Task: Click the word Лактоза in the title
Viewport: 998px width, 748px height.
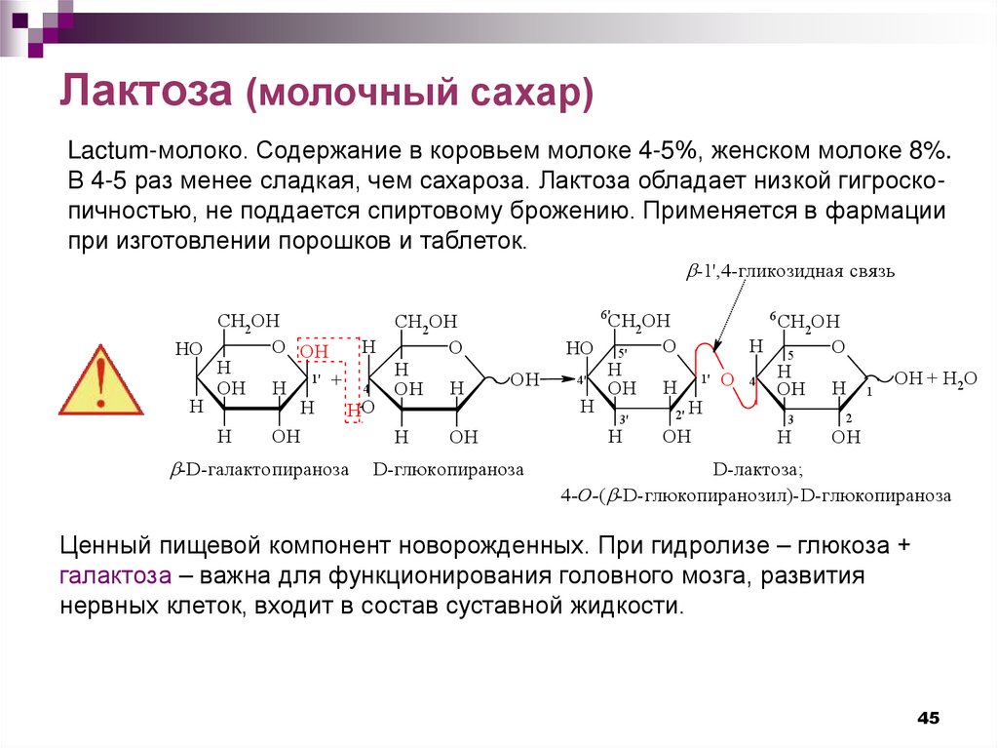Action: (x=146, y=95)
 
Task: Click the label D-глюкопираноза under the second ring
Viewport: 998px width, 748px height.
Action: (x=447, y=469)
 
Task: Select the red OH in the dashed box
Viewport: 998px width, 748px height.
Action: (x=314, y=351)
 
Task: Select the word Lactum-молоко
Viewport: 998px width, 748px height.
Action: (x=156, y=153)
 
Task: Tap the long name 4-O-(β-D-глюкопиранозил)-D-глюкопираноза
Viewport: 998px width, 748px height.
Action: (x=755, y=495)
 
